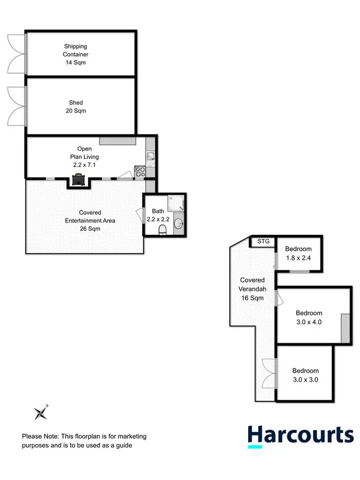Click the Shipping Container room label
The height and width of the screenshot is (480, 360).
[76, 54]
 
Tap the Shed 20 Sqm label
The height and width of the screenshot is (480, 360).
[76, 107]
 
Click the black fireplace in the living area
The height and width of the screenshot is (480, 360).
[77, 180]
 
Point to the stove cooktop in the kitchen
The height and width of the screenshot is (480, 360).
[140, 172]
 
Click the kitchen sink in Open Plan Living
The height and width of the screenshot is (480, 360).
[150, 156]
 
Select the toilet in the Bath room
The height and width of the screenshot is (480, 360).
[163, 230]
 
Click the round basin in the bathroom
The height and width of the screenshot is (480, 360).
[178, 223]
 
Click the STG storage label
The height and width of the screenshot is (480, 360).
[263, 241]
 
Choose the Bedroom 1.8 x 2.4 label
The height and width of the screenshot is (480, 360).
[298, 253]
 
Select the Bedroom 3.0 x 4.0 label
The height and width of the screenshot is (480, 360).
[309, 318]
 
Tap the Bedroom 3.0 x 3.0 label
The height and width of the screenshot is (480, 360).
[305, 375]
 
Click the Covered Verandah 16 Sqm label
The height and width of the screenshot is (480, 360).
[252, 289]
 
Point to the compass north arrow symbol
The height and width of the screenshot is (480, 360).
[40, 412]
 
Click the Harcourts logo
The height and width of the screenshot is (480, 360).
[300, 436]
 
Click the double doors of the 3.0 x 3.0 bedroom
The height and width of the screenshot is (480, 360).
[269, 373]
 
